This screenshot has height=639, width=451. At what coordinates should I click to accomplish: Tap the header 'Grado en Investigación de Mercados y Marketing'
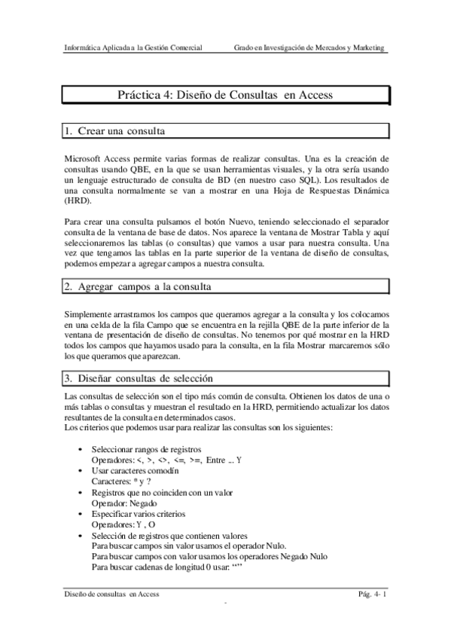pyautogui.click(x=309, y=47)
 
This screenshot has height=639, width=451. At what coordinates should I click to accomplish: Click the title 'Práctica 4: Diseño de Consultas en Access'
pyautogui.click(x=225, y=96)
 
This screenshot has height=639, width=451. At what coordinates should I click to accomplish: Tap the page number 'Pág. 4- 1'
pyautogui.click(x=372, y=595)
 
